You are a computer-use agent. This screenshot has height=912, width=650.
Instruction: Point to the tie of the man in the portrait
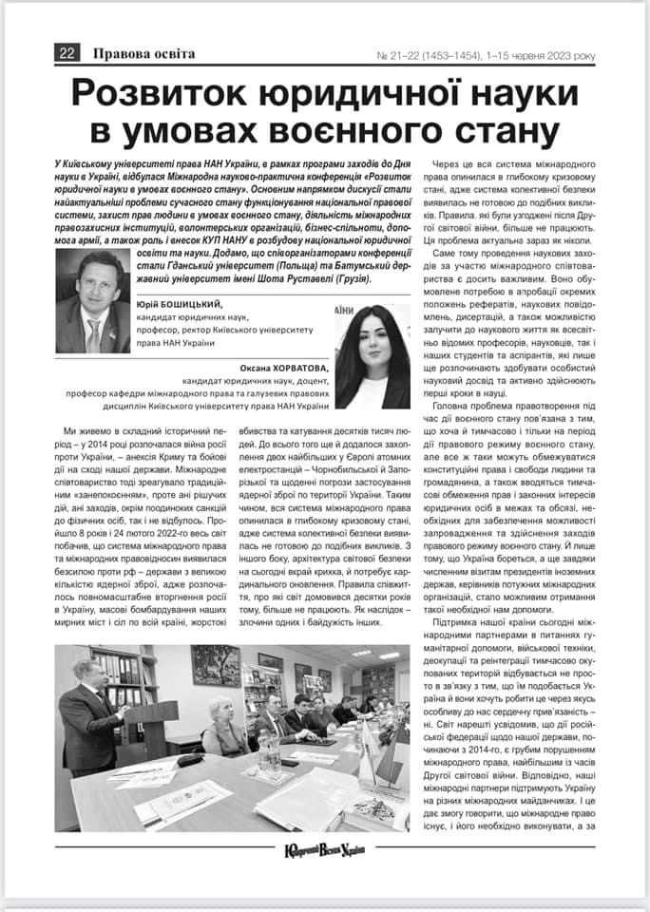[93, 332]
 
